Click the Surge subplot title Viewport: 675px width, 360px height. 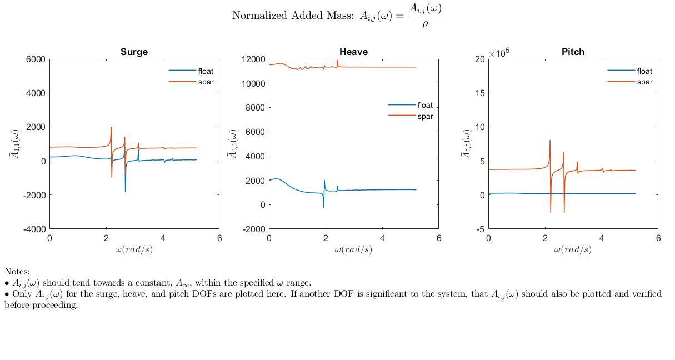coord(134,52)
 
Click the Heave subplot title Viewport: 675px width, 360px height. coord(353,52)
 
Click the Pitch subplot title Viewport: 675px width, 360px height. coord(573,52)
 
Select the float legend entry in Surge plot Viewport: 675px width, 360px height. coord(205,71)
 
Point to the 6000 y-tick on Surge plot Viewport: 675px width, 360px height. coord(35,59)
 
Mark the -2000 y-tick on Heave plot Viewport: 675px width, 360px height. coord(253,229)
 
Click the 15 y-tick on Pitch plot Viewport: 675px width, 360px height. coord(479,93)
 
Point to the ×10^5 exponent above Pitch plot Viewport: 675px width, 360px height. coord(499,53)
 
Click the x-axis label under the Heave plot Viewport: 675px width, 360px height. coord(353,249)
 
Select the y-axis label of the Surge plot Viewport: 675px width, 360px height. coord(15,144)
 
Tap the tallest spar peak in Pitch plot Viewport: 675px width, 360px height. coord(550,141)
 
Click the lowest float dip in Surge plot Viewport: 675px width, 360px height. coord(125,192)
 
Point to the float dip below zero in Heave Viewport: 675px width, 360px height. coord(324,207)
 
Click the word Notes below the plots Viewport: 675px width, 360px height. coord(17,272)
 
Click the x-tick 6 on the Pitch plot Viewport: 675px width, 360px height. coord(658,238)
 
